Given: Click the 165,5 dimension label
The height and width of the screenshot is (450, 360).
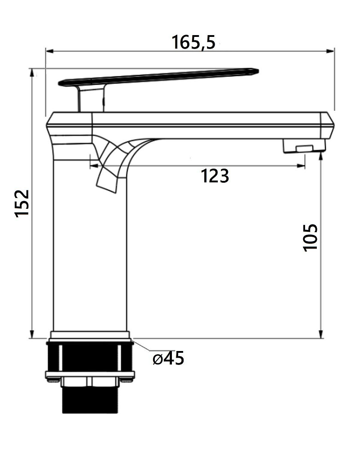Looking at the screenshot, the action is pyautogui.click(x=193, y=42).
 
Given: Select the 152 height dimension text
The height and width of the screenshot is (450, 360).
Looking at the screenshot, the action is pyautogui.click(x=22, y=203).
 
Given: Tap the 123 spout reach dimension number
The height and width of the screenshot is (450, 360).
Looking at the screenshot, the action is pyautogui.click(x=215, y=176).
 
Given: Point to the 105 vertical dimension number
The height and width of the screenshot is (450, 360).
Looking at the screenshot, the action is pyautogui.click(x=310, y=238).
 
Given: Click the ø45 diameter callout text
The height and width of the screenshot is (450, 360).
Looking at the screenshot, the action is pyautogui.click(x=168, y=358).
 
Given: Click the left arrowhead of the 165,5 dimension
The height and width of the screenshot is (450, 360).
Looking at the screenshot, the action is pyautogui.click(x=50, y=51).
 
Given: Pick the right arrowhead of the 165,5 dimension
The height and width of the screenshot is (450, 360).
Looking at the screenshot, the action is pyautogui.click(x=330, y=51).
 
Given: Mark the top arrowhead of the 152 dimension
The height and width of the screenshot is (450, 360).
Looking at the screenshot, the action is pyautogui.click(x=32, y=72).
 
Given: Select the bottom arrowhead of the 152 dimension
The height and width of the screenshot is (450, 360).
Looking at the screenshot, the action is pyautogui.click(x=32, y=334).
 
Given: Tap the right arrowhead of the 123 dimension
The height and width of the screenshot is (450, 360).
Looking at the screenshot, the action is pyautogui.click(x=301, y=166).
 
